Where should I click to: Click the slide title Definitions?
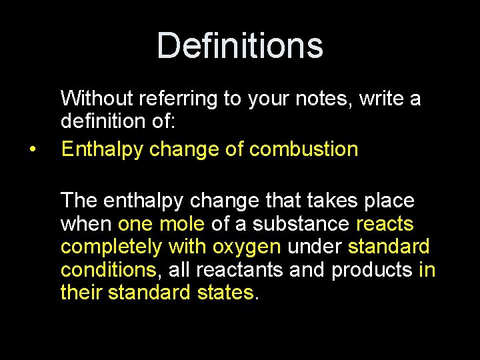point(240,46)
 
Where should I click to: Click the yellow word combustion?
point(303,149)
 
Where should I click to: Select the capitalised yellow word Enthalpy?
point(103,149)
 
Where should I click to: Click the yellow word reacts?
point(385,223)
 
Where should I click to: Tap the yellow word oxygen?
point(246,247)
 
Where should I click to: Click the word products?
point(371,270)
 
